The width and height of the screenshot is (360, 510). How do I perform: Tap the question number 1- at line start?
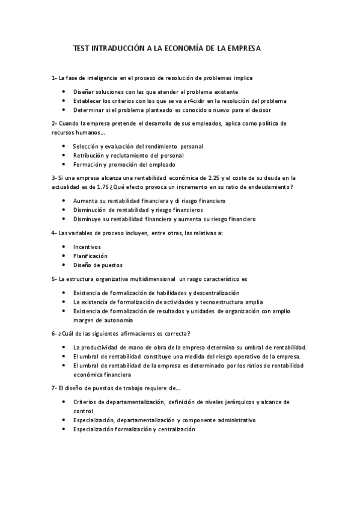[54, 78]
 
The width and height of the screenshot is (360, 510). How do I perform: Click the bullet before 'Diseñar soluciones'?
[64, 91]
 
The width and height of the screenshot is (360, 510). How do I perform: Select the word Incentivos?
[87, 247]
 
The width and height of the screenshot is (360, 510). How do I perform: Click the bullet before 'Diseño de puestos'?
[64, 265]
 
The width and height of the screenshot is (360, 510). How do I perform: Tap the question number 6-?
[55, 334]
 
